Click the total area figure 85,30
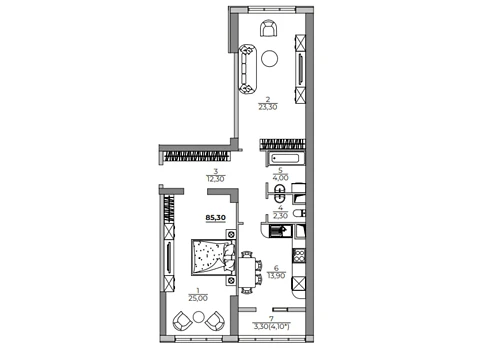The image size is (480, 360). point(216,218)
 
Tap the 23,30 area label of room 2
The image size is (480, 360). point(268,107)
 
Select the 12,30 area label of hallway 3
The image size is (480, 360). point(215,179)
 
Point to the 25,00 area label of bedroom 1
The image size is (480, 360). point(198,298)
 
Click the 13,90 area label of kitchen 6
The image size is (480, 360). point(276,275)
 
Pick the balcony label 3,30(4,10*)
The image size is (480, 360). point(272,326)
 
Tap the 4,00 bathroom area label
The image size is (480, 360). point(280,178)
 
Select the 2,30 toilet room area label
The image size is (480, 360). point(280,216)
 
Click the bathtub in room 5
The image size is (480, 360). point(285,158)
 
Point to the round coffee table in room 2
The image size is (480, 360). point(270,59)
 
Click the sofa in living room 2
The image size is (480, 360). point(247,69)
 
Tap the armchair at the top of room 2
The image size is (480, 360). point(268,28)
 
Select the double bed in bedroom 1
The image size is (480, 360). point(213,257)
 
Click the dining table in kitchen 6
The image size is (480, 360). point(247,273)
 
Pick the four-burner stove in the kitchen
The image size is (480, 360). point(299,256)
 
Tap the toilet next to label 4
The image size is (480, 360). point(299,213)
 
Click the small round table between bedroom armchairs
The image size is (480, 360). point(199,317)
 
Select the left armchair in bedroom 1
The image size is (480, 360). point(182,321)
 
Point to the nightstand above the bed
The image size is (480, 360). point(231,234)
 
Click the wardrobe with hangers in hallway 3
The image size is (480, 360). point(197,156)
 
